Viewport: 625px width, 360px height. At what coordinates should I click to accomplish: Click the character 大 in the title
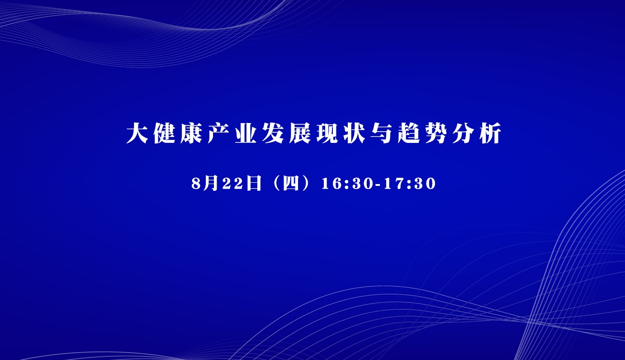(x=137, y=133)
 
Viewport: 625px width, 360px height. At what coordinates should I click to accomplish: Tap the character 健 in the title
(x=164, y=133)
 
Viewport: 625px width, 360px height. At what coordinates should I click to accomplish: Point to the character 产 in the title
(x=218, y=133)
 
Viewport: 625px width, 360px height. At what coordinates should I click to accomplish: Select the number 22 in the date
(x=232, y=184)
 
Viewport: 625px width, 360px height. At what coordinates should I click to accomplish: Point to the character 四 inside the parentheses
(x=291, y=184)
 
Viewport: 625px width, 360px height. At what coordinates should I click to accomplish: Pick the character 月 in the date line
(x=211, y=184)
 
